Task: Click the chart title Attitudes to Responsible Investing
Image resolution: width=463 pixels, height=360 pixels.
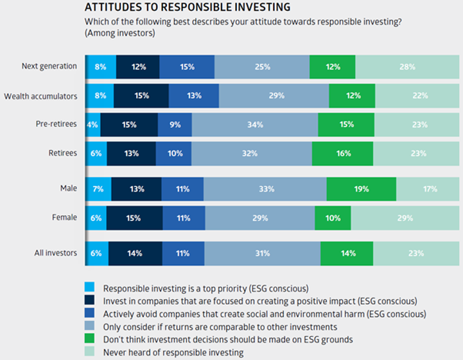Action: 188,8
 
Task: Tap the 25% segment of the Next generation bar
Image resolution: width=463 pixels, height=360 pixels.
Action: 261,67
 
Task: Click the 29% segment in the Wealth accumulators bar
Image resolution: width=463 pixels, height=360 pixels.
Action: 274,96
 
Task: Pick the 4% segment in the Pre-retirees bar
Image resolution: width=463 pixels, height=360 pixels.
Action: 92,124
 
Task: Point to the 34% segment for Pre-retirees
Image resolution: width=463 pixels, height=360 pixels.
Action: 254,124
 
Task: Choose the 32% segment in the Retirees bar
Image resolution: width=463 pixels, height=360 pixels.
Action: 251,153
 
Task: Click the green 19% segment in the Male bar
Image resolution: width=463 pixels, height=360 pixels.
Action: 361,189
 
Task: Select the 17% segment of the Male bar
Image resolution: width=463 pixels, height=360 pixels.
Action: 429,189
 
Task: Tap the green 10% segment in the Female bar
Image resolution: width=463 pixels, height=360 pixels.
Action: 333,218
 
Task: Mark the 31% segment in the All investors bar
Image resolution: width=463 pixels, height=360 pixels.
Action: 262,253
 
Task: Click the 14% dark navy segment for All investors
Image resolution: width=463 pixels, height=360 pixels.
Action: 135,253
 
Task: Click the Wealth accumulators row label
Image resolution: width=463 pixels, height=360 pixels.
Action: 40,96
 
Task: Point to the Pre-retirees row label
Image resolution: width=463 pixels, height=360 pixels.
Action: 55,124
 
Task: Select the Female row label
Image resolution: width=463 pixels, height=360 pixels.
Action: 65,218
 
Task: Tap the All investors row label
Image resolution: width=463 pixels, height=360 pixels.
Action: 56,253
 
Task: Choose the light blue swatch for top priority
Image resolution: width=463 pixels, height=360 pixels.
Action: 89,287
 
